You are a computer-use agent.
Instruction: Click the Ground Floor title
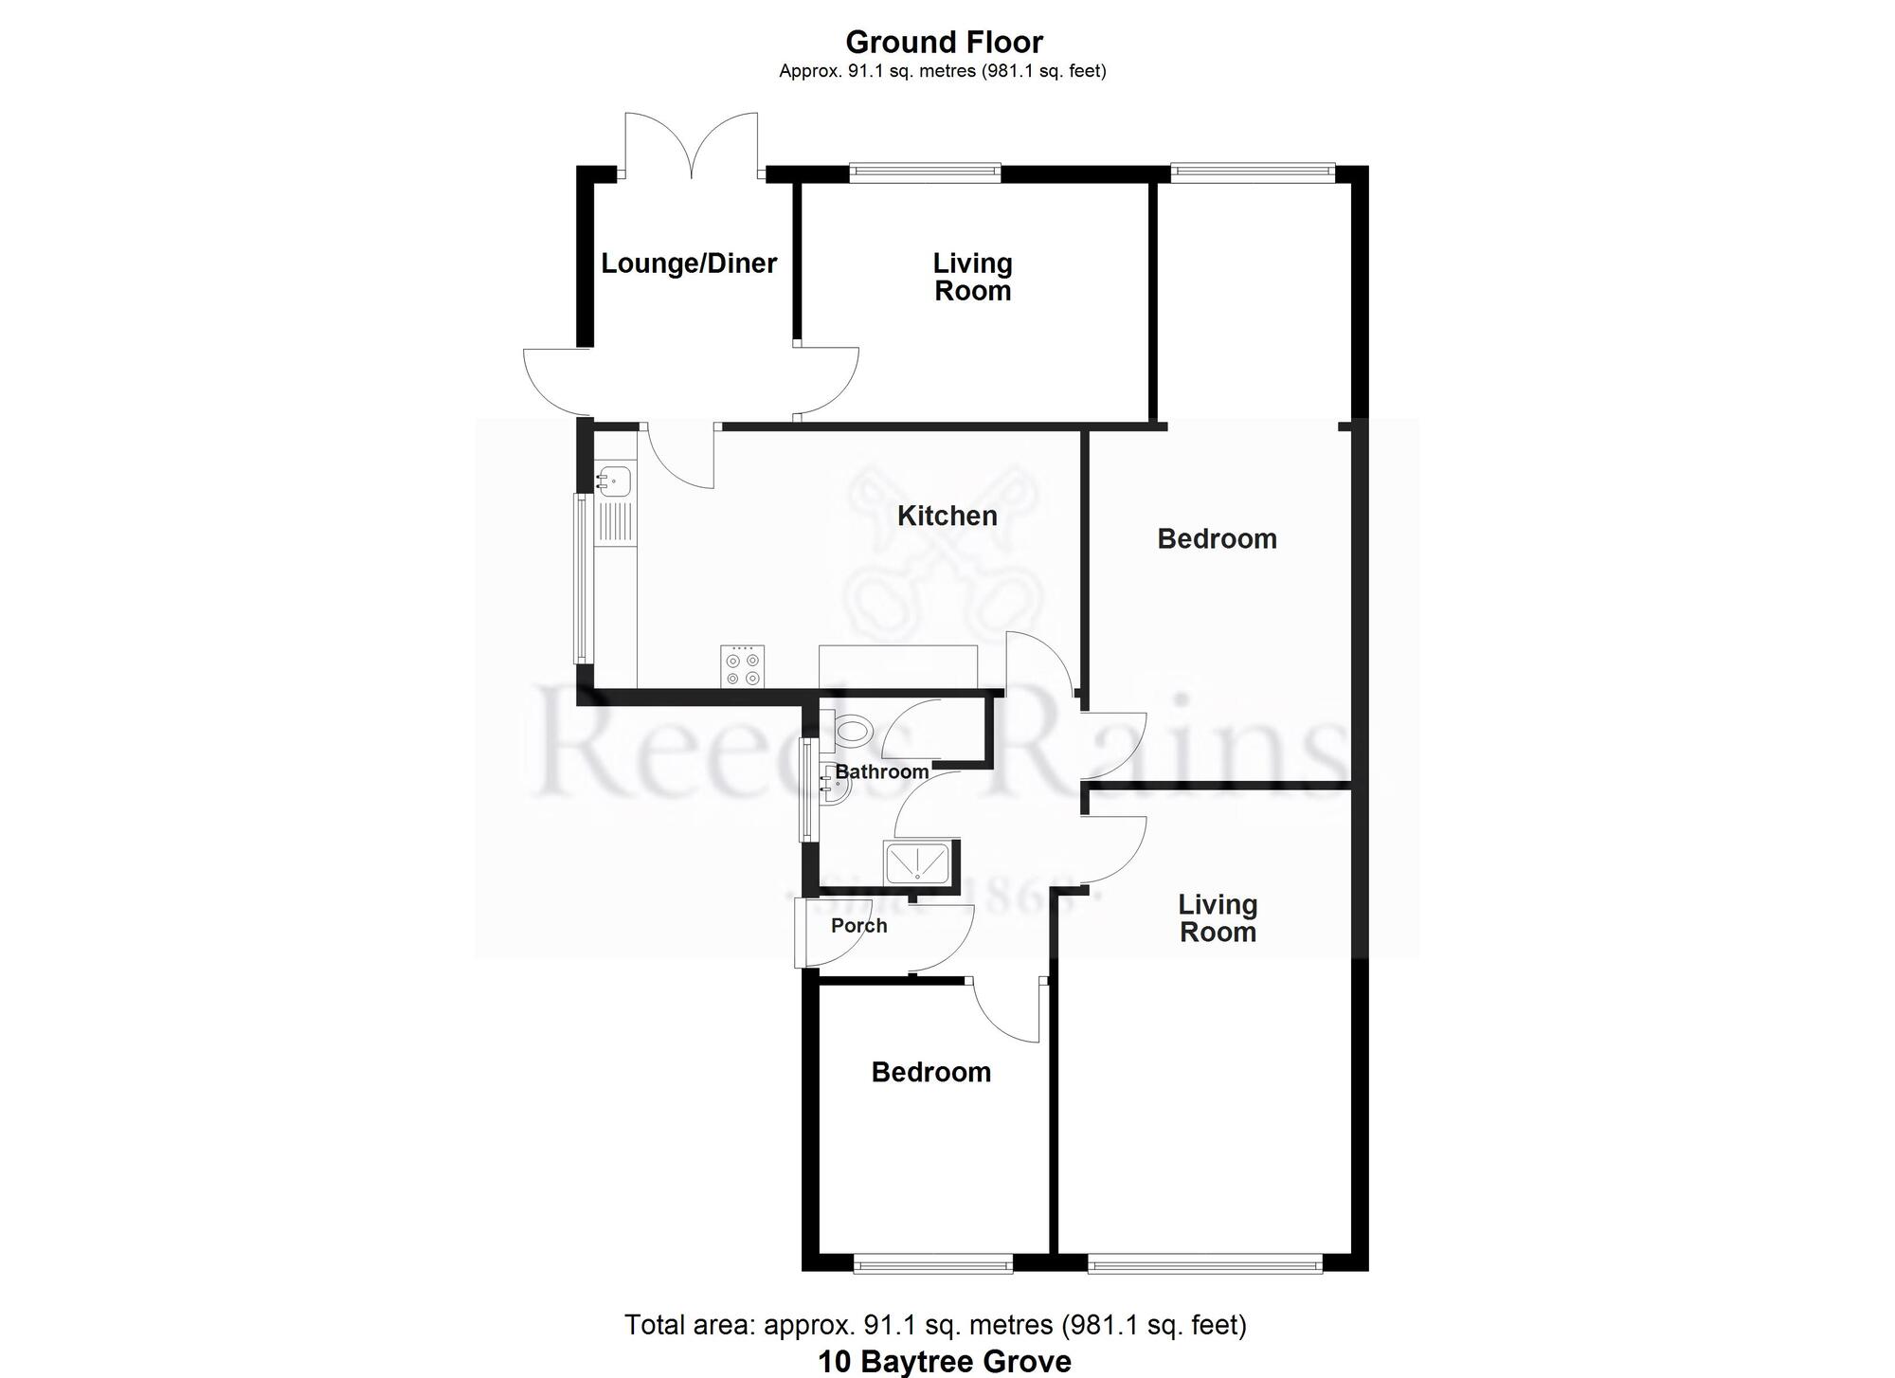(944, 43)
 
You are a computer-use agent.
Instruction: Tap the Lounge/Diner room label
(689, 263)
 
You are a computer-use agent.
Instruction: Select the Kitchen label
(947, 517)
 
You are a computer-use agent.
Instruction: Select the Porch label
(858, 926)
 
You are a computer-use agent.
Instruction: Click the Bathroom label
(881, 772)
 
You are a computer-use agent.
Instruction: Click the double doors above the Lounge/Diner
(692, 144)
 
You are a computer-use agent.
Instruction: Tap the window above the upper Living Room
(925, 172)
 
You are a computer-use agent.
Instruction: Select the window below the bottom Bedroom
(932, 1262)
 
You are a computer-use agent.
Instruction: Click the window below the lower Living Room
(1203, 1262)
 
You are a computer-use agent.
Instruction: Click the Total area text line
(935, 1325)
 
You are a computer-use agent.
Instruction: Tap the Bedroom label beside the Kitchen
(1217, 539)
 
